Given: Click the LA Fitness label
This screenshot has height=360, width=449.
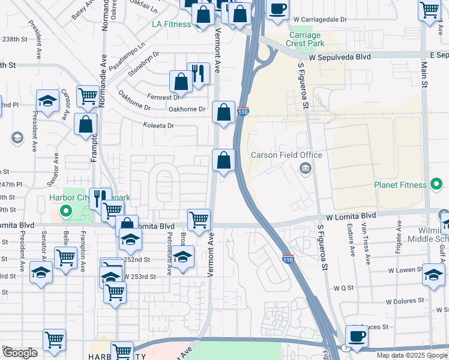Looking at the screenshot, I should tap(170, 24).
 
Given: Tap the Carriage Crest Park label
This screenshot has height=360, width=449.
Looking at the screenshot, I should tap(304, 39).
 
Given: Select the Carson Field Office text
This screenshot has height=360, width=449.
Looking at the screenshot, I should tap(286, 155).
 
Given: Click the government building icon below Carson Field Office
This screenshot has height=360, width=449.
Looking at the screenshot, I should tap(306, 168).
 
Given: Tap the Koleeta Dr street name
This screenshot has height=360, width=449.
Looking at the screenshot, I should tap(158, 126).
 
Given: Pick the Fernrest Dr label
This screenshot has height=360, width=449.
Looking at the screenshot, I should tap(166, 97).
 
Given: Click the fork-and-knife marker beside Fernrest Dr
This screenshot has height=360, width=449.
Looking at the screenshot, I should tap(198, 73).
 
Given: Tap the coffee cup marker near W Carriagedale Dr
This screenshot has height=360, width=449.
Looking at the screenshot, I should tap(277, 10).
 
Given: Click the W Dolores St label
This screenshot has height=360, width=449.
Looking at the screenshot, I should tap(405, 301).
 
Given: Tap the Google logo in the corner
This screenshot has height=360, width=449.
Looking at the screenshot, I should tap(20, 353).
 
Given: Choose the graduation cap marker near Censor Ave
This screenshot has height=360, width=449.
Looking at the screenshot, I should tap(47, 100).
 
